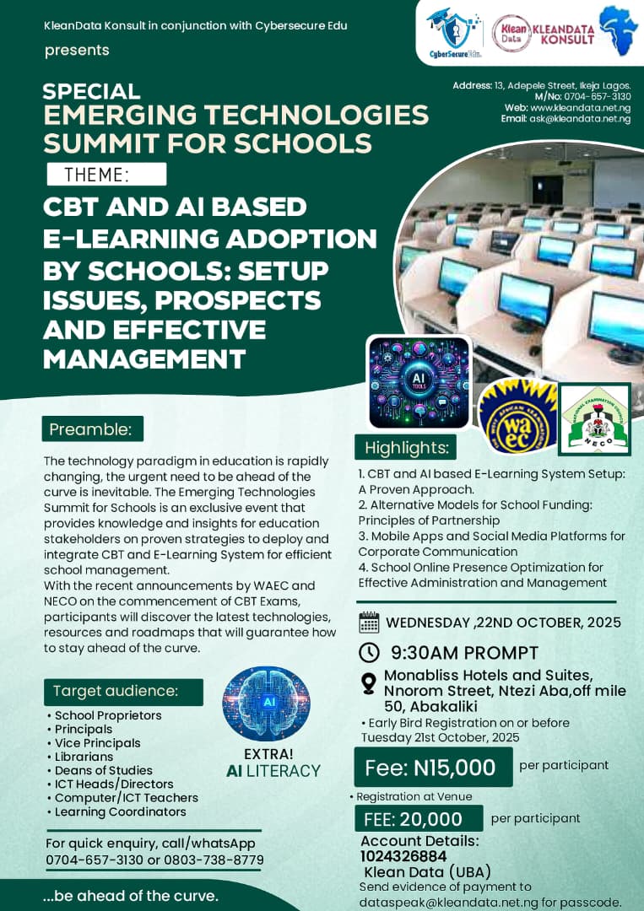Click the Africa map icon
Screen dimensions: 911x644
click(x=619, y=31)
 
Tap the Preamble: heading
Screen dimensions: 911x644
click(x=92, y=429)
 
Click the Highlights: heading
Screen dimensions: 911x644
click(x=406, y=447)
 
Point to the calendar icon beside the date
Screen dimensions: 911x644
click(x=369, y=623)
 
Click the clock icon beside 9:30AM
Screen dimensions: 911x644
click(x=369, y=652)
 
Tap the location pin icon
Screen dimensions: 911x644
click(x=368, y=683)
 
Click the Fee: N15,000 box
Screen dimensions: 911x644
click(x=432, y=768)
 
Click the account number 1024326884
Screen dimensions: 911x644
click(x=403, y=855)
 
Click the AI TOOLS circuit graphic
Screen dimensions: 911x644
click(x=419, y=382)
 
